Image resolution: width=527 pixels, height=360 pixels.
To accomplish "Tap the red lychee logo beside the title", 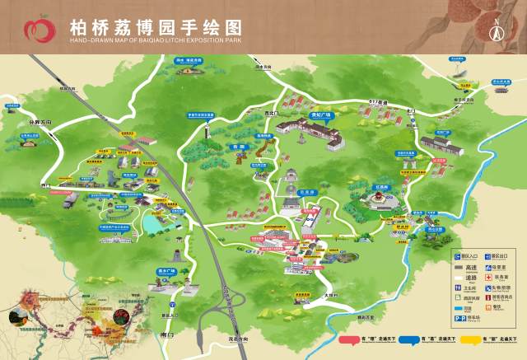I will click(x=37, y=30).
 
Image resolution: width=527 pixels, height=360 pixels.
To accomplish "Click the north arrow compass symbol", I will click(x=497, y=30).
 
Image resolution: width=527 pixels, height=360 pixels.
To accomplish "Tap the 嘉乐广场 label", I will click(x=166, y=270).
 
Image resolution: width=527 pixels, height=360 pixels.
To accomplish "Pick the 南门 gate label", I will click(x=170, y=337).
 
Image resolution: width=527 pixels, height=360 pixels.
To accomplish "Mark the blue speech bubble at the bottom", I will click(x=429, y=338).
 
